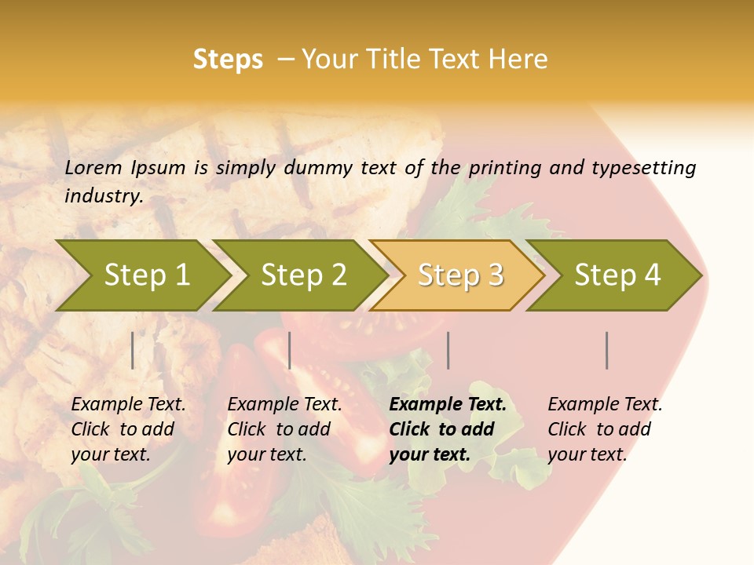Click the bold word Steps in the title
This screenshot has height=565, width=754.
click(x=228, y=60)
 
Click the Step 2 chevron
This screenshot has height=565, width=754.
click(x=303, y=275)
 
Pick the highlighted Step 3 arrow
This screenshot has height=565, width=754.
click(x=460, y=275)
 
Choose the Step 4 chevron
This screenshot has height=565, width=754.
click(x=617, y=275)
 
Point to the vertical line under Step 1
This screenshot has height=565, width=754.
click(x=133, y=350)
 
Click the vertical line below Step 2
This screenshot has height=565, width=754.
click(x=290, y=350)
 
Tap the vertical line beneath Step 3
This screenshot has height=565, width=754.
click(x=448, y=350)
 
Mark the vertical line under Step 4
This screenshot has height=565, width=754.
click(x=607, y=350)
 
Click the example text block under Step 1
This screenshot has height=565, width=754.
click(x=128, y=429)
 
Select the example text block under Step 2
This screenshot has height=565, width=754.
click(x=284, y=429)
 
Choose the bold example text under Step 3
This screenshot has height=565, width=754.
click(x=448, y=429)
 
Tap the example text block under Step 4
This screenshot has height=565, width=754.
click(x=605, y=429)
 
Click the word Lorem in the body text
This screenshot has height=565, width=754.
click(x=93, y=167)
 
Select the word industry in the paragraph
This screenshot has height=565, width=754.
click(x=103, y=195)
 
